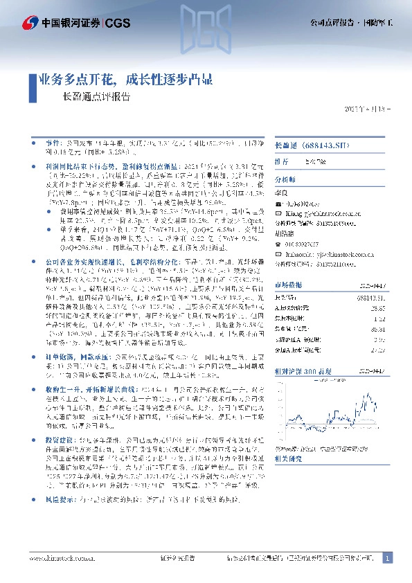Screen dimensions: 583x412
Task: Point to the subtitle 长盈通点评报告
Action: click(96, 98)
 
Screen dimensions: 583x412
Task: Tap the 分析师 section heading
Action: click(285, 177)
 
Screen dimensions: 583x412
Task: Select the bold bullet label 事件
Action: click(46, 141)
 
